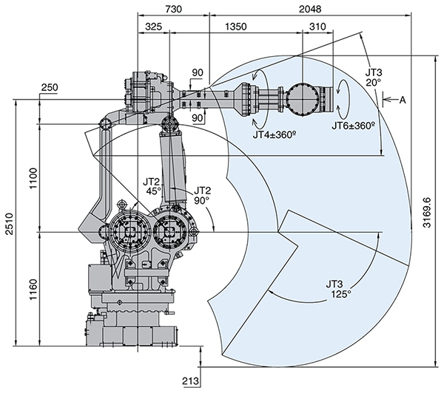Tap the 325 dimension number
[x=154, y=27]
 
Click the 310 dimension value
[x=317, y=27]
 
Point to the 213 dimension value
[x=189, y=381]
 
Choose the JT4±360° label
[x=274, y=135]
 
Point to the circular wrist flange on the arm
[x=302, y=97]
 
